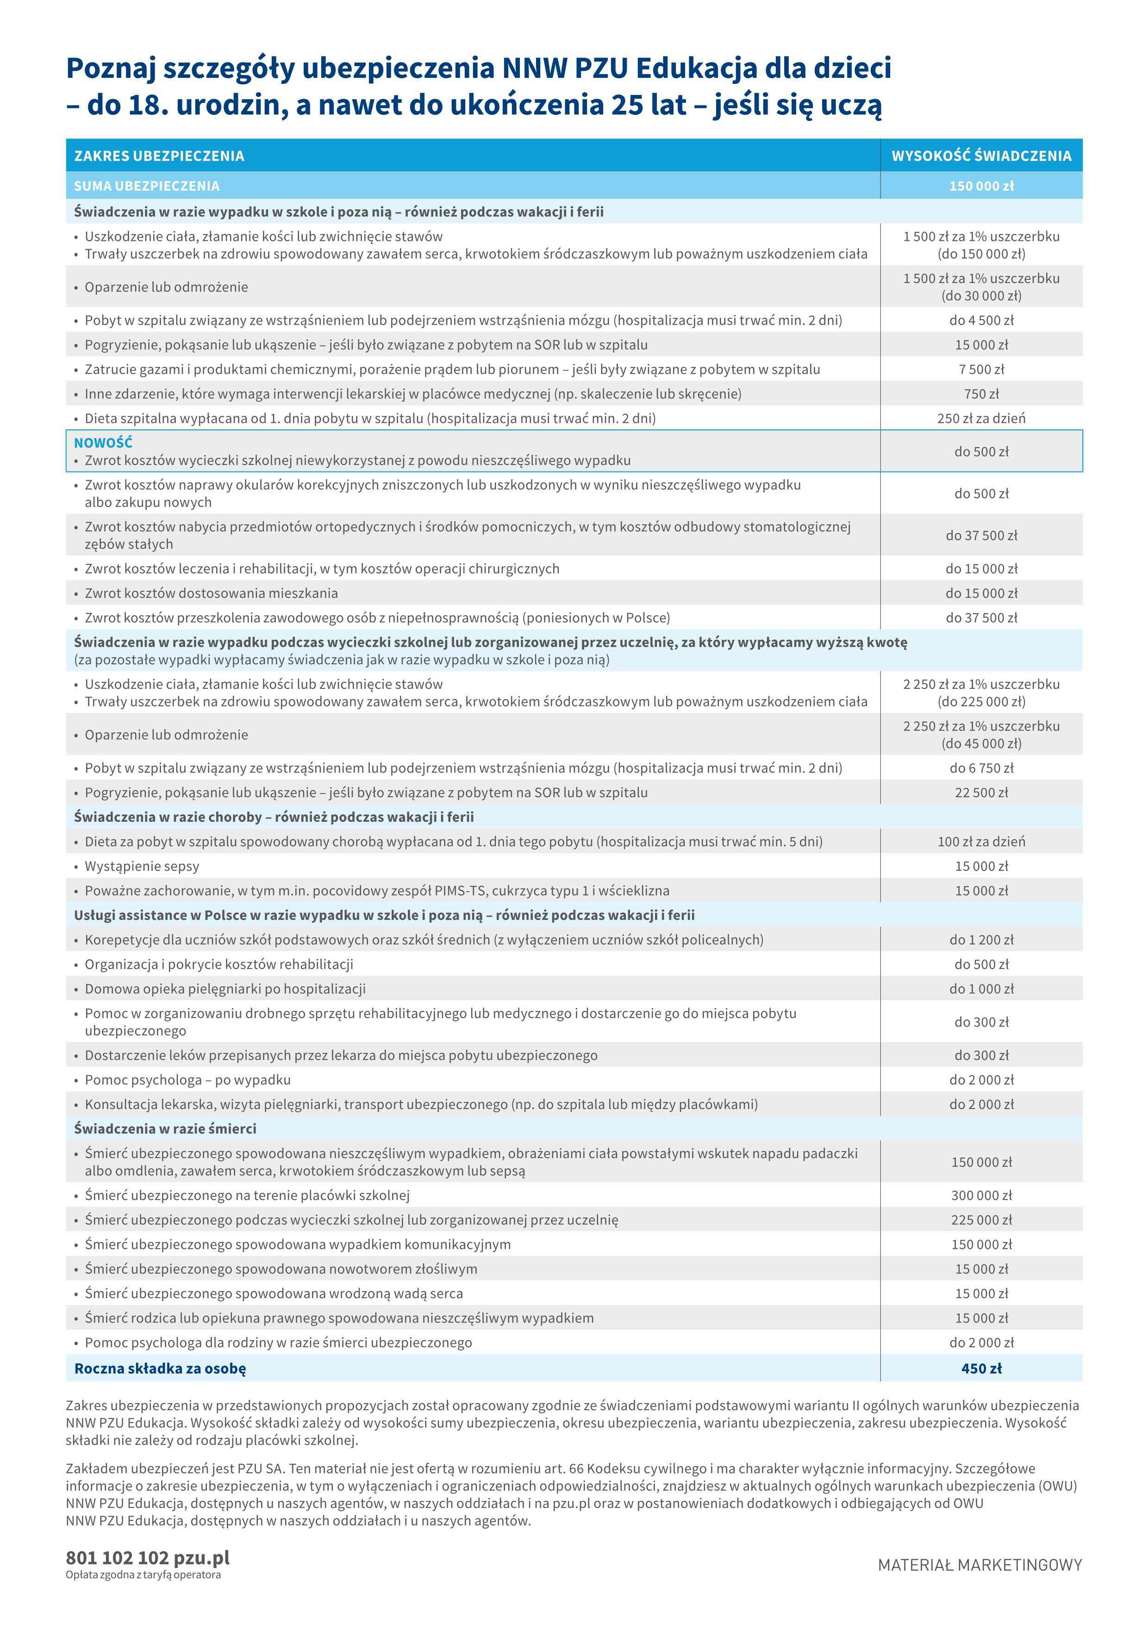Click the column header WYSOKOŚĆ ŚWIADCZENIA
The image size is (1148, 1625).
coord(981,156)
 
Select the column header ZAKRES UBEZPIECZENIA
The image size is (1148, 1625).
coord(159,156)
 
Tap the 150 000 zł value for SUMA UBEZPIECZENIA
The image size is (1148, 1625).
coord(981,186)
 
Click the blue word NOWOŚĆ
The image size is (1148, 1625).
coord(103,443)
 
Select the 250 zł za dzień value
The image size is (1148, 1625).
coord(981,418)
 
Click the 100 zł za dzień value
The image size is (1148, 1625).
coord(981,842)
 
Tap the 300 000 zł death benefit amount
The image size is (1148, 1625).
coord(981,1196)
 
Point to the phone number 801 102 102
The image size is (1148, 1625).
coord(117,1558)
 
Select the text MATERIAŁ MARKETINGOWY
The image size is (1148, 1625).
coord(980,1565)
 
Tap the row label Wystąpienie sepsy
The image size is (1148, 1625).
coord(142,866)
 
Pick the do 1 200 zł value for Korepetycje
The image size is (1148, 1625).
coord(981,940)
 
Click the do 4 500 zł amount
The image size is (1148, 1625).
coord(981,321)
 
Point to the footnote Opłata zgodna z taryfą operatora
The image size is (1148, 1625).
coord(143,1575)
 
